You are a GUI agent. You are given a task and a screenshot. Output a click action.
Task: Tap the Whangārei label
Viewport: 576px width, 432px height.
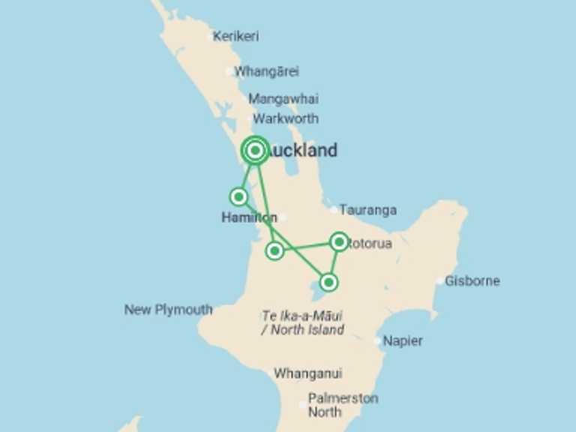click(266, 72)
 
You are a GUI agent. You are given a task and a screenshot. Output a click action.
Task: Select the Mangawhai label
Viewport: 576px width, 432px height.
click(283, 99)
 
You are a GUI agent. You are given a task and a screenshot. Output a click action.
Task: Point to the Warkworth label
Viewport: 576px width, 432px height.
click(286, 118)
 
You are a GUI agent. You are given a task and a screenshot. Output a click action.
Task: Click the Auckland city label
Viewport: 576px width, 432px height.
click(302, 151)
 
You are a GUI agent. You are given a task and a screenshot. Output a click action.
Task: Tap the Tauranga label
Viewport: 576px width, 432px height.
click(367, 210)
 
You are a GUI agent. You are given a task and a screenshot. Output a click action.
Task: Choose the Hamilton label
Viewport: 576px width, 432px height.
click(249, 217)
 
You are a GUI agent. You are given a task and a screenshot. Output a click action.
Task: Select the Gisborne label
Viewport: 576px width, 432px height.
click(472, 281)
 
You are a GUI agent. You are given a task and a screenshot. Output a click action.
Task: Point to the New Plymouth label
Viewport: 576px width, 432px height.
click(168, 310)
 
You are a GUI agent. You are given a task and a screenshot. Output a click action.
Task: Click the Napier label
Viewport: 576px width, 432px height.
click(403, 340)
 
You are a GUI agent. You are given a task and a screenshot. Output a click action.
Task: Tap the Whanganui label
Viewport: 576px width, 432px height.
click(307, 373)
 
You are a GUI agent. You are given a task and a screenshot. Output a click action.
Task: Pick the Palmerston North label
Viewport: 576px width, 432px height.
click(343, 405)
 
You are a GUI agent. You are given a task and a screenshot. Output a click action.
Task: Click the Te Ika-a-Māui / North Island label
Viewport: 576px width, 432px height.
click(302, 322)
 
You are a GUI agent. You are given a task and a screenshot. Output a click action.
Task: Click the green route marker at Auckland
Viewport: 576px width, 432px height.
click(255, 151)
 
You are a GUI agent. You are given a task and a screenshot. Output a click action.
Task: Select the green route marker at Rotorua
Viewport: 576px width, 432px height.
click(339, 241)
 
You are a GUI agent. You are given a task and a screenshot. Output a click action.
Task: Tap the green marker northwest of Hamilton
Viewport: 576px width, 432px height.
click(238, 196)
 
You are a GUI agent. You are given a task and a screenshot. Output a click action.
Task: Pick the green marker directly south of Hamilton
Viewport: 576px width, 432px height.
click(275, 250)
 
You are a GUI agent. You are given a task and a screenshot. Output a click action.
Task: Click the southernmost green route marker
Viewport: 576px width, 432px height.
click(328, 282)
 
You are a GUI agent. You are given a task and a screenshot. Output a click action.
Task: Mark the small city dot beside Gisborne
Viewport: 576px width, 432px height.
click(440, 281)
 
